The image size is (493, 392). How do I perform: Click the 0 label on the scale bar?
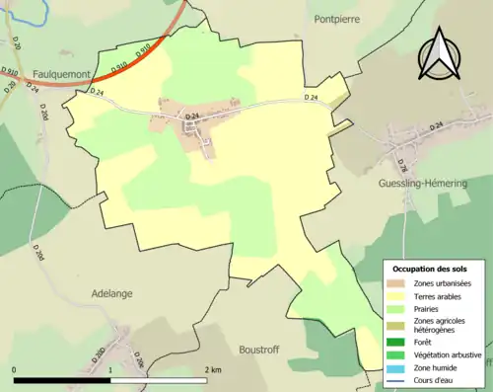[x=15, y=370]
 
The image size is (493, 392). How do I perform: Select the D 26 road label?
[x=402, y=164]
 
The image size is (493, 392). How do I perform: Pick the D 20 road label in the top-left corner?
[x=17, y=42]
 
